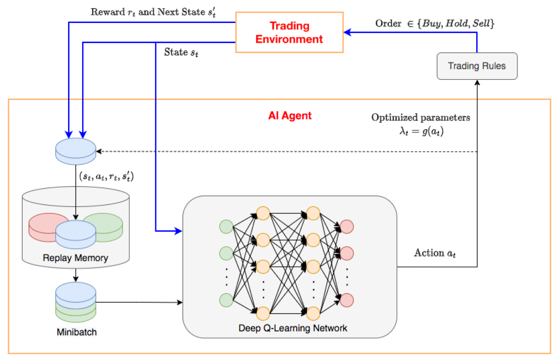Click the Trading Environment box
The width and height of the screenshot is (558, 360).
[289, 32]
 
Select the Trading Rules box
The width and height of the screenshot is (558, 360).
[477, 66]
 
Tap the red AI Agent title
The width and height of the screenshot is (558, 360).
[290, 116]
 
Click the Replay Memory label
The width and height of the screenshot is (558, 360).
[75, 258]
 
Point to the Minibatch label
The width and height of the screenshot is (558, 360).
[76, 332]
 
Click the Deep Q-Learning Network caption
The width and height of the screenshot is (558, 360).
[293, 328]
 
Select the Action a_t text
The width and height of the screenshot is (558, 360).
[435, 253]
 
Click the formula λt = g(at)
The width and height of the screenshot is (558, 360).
[421, 131]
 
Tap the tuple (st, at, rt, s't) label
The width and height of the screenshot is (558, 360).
[106, 176]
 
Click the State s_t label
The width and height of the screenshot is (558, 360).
[181, 52]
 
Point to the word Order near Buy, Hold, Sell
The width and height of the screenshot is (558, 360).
[388, 23]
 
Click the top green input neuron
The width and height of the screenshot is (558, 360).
[226, 227]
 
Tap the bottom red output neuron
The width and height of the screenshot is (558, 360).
[347, 300]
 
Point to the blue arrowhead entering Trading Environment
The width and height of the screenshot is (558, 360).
[347, 32]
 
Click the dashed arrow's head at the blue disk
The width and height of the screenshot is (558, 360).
[99, 152]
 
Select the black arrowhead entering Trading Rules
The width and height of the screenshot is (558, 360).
[477, 83]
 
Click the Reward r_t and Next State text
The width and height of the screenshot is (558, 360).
[153, 12]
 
